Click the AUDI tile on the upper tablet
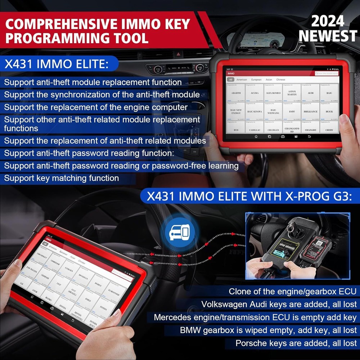click(310, 93)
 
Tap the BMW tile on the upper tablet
click(292, 111)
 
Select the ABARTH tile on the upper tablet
click(236, 93)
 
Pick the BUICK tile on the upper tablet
click(329, 111)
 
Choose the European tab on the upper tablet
click(256, 80)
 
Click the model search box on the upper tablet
click(327, 73)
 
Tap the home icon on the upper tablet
click(256, 137)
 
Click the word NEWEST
click(328, 36)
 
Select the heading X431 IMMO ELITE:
click(57, 64)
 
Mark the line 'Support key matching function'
click(61, 178)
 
